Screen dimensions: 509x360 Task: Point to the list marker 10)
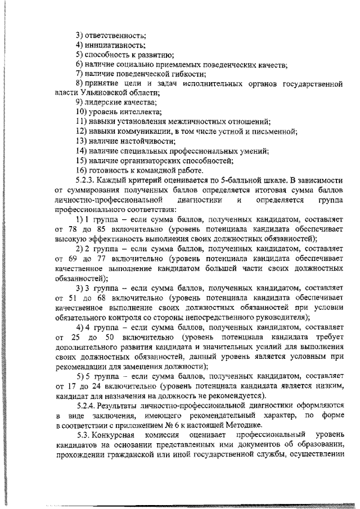pyautogui.click(x=82, y=112)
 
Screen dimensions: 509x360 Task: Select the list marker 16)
pyautogui.click(x=82, y=170)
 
